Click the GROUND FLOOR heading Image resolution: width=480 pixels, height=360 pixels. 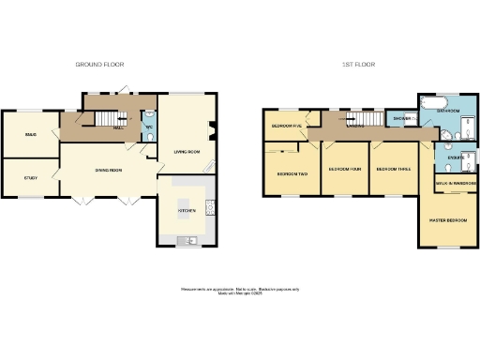(x=100, y=65)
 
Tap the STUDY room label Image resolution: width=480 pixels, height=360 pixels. (x=31, y=176)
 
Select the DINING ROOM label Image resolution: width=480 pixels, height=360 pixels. (x=108, y=170)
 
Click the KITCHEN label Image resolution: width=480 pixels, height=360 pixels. (x=186, y=211)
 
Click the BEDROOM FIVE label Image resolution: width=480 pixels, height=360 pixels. (x=286, y=126)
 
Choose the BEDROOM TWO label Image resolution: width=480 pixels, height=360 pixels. (x=291, y=174)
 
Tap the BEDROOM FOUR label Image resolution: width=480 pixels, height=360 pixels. (x=344, y=170)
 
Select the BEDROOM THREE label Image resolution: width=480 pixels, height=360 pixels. (x=392, y=170)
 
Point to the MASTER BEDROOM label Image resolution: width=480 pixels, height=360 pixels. (x=447, y=219)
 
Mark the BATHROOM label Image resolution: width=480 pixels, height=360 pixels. (x=447, y=111)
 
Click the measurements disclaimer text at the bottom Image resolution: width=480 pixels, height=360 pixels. (x=240, y=291)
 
